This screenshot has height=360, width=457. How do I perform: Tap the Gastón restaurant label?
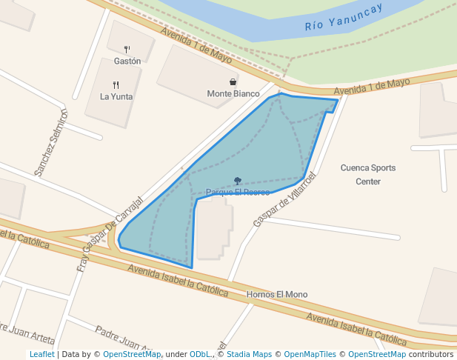[x=127, y=61]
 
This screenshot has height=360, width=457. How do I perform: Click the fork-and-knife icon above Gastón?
[x=127, y=50]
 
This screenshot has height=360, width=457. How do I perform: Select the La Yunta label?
[x=116, y=96]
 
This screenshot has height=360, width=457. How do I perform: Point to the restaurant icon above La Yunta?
[x=116, y=84]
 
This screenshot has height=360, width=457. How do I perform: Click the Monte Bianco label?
[x=233, y=94]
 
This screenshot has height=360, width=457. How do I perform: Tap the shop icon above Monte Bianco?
[x=233, y=82]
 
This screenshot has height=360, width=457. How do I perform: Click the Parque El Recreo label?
[x=238, y=193]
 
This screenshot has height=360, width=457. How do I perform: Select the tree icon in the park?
[x=238, y=181]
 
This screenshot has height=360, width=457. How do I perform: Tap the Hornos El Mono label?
[x=277, y=295]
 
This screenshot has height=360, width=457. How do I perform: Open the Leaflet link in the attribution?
[x=41, y=355]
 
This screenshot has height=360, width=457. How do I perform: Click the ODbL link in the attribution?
[x=199, y=355]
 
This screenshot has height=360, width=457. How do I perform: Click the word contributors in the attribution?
[x=431, y=355]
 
